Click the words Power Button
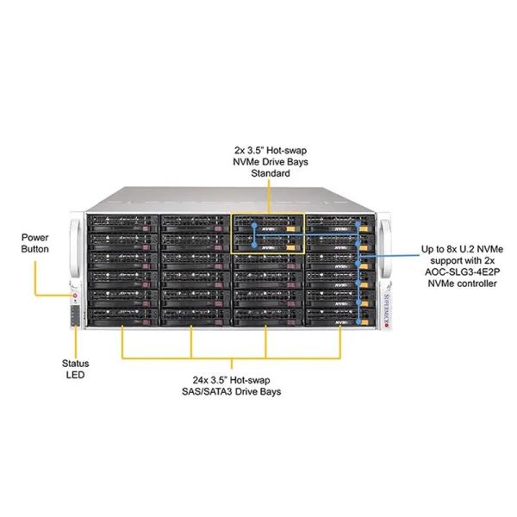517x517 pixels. coord(36,241)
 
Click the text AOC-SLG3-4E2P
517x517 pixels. coord(460,271)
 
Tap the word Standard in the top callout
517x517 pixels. coord(270,173)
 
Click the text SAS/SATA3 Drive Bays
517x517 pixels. coord(238,391)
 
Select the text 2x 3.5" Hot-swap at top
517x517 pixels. coord(270,148)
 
